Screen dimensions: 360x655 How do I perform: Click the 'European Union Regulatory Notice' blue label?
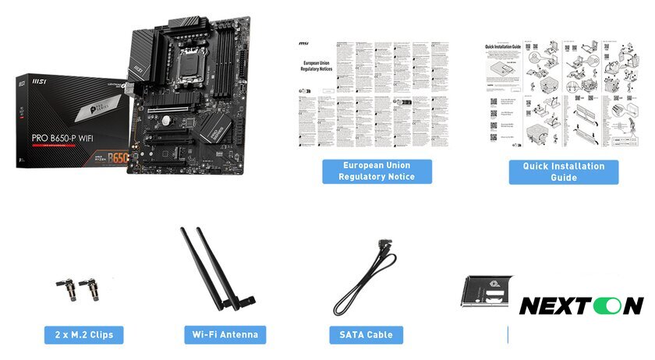[x=377, y=171]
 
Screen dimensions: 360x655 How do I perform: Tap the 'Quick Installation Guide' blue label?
[x=563, y=171]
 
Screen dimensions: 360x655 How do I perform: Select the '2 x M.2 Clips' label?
[x=84, y=335]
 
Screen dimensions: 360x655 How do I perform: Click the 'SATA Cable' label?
[x=366, y=335]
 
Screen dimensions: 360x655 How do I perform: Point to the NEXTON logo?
[x=581, y=305]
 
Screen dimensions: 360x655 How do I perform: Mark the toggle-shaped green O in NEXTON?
[x=607, y=305]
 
